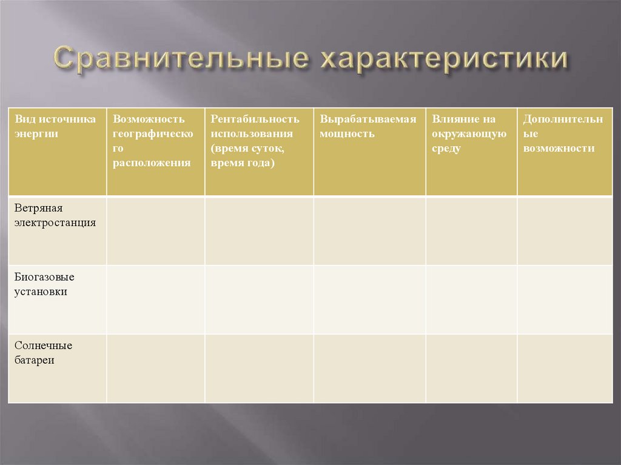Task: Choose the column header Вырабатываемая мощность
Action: [368, 126]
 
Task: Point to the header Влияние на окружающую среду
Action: [469, 133]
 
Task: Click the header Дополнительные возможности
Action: [563, 133]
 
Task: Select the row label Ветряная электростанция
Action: [56, 215]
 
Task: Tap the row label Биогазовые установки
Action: [45, 284]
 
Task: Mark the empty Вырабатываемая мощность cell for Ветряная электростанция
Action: [369, 231]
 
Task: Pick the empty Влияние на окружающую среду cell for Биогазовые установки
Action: [471, 299]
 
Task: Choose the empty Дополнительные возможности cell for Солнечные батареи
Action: [565, 368]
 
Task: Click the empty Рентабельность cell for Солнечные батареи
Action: [259, 368]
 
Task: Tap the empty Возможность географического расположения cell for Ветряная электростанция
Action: [155, 231]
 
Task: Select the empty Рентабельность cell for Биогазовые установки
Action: [259, 299]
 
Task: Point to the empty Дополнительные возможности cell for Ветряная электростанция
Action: [565, 231]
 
